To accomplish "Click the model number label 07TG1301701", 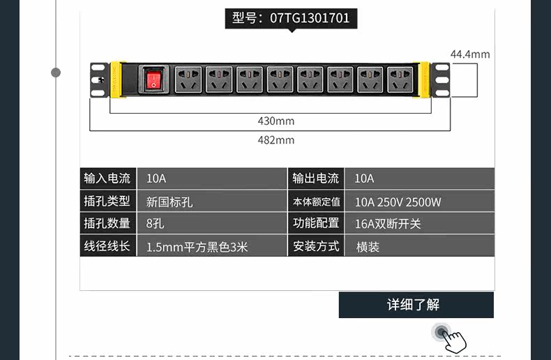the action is coord(291,18).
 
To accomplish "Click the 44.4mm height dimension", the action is coord(469,54).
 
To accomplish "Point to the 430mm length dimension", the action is coord(276,121).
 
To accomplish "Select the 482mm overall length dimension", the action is coord(276,140).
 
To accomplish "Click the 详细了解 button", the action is coord(416,305).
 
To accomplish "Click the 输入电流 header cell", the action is coord(107,179).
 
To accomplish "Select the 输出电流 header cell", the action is coord(316,179).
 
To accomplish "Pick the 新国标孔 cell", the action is coord(169,202).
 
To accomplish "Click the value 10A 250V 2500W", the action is coord(398,202).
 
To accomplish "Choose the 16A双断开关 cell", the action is coord(388,224).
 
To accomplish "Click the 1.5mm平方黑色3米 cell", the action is coord(197,246).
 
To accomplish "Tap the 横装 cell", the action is coord(368,246).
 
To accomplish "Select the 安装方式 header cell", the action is coord(316,246).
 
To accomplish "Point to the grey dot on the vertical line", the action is coord(56,73).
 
